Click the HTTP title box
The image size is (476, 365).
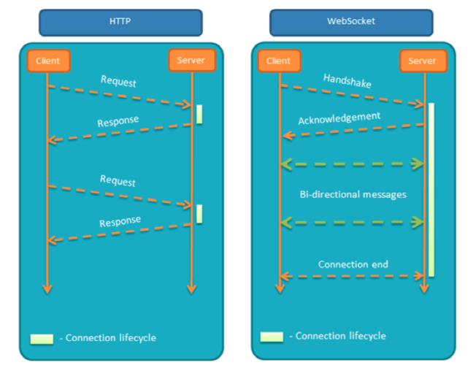121,23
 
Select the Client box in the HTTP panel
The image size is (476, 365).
47,61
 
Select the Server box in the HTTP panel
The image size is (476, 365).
191,60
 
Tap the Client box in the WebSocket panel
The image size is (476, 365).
279,61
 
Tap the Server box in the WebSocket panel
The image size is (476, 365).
422,61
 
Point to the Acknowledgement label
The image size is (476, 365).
339,118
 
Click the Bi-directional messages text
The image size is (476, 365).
353,194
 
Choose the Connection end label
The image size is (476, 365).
353,264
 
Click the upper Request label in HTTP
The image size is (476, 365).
118,81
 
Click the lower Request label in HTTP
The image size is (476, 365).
118,180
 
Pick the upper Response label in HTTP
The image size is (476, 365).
118,120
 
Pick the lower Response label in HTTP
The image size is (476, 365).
120,220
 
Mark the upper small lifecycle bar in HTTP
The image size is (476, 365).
199,114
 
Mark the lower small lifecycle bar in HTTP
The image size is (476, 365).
199,213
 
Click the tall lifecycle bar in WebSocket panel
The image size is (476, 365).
431,190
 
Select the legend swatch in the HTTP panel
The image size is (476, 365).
42,339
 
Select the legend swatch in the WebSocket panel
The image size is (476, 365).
272,337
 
